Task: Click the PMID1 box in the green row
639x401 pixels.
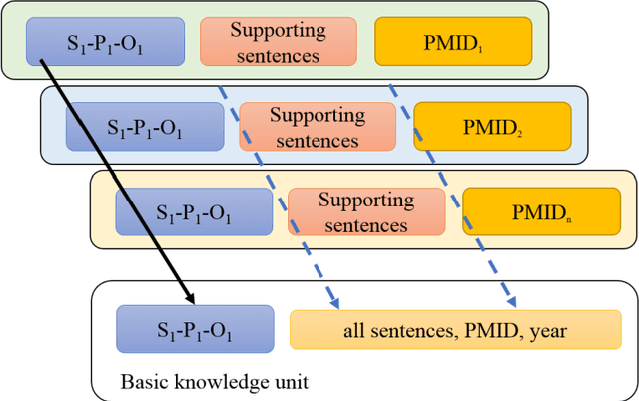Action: click(x=446, y=41)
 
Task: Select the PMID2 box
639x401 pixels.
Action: click(x=493, y=127)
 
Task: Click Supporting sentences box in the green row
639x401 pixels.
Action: click(x=278, y=41)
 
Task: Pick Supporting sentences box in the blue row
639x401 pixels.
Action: click(x=319, y=127)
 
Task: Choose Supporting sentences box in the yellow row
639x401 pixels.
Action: click(x=366, y=212)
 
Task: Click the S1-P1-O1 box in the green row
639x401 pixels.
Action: click(x=106, y=41)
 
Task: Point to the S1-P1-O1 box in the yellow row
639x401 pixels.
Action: click(x=194, y=212)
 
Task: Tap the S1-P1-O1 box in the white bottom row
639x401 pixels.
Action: click(x=194, y=329)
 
